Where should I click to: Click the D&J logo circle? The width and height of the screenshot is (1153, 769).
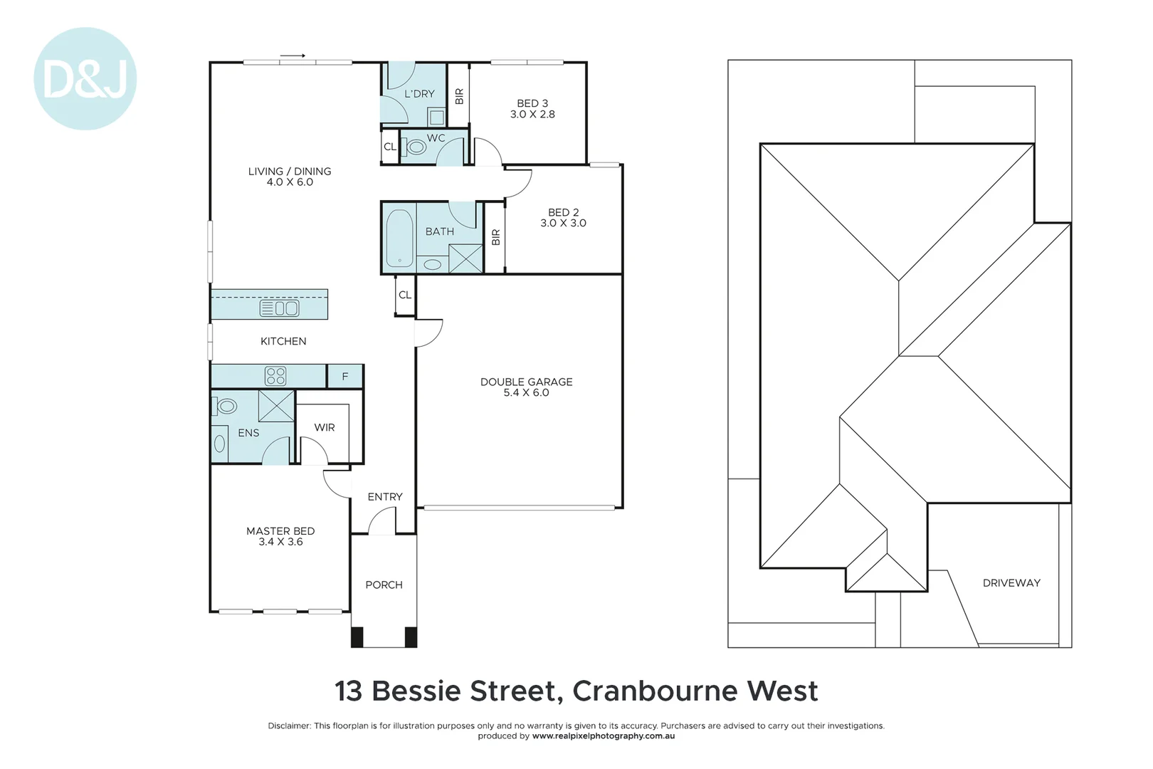[85, 79]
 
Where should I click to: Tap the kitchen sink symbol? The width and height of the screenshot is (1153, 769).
[279, 308]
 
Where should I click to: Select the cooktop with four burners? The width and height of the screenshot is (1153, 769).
[275, 376]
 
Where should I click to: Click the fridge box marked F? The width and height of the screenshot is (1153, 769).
[345, 377]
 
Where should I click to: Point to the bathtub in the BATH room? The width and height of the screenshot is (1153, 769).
[399, 239]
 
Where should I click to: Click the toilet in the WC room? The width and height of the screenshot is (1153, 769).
[415, 147]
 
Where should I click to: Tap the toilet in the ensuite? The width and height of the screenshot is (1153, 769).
[226, 406]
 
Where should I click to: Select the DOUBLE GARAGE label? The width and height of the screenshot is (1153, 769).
[526, 382]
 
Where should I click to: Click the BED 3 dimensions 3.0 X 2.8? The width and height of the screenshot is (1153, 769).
[532, 115]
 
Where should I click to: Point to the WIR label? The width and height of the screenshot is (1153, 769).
[325, 427]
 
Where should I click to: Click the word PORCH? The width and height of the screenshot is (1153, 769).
[384, 585]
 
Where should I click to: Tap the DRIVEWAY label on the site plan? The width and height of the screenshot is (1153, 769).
[1011, 582]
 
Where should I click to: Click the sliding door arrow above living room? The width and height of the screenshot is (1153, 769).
[293, 56]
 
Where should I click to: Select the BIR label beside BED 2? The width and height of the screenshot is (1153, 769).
[496, 237]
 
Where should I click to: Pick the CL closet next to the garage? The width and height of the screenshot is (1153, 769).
[405, 295]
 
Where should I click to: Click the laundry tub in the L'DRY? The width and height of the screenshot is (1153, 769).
[436, 117]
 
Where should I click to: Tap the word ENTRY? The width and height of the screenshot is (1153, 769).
[385, 497]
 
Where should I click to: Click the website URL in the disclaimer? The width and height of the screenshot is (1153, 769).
[603, 736]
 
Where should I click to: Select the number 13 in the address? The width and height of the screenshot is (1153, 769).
[349, 691]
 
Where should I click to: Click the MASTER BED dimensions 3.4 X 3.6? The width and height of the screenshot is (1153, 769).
[280, 542]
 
